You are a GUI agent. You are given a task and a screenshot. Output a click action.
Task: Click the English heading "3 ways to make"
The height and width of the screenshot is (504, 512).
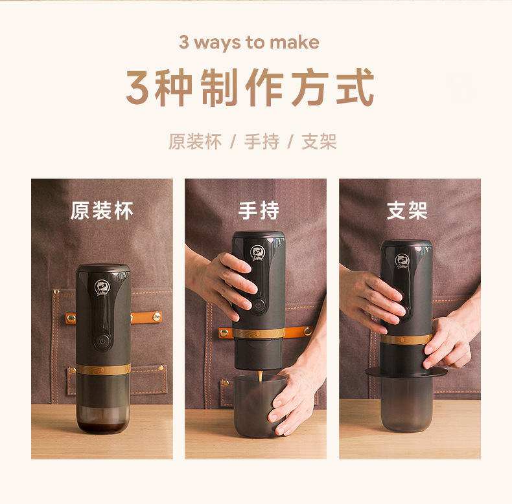click(249, 43)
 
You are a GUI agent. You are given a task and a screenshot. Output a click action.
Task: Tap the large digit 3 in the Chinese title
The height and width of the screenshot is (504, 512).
click(138, 88)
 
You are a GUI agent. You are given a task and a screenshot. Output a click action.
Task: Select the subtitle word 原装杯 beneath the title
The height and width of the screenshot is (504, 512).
click(195, 142)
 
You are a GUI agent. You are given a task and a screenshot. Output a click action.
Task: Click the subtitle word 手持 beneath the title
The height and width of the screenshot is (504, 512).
click(262, 142)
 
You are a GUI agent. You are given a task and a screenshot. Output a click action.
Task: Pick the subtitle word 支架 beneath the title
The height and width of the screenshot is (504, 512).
click(319, 142)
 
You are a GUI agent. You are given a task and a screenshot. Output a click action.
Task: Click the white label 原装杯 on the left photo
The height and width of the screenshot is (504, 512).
click(102, 211)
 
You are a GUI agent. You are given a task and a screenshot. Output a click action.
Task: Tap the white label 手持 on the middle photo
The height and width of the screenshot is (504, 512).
click(259, 211)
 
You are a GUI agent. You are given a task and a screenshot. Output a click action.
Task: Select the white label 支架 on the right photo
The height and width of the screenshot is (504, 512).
click(407, 211)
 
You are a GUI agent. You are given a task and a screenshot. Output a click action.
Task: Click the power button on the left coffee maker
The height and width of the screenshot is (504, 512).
click(102, 342)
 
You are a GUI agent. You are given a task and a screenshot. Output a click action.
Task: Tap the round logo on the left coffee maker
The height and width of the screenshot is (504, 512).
click(102, 287)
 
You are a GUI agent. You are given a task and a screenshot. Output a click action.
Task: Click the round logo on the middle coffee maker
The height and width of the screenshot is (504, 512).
click(258, 254)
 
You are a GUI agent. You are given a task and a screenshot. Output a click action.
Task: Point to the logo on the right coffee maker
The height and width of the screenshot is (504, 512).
click(402, 261)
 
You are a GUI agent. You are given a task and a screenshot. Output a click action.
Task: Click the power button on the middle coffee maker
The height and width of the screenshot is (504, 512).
click(259, 305)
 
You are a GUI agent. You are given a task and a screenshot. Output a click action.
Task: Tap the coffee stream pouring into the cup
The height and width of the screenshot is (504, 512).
click(261, 376)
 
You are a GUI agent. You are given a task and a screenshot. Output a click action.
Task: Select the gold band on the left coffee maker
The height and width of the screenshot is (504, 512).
click(104, 369)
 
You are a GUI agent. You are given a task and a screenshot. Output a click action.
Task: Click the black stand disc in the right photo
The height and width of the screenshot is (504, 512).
click(406, 372)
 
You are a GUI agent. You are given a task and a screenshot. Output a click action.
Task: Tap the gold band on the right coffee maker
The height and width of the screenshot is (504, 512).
click(406, 339)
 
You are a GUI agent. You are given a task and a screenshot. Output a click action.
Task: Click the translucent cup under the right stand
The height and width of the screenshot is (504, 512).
click(406, 404)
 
